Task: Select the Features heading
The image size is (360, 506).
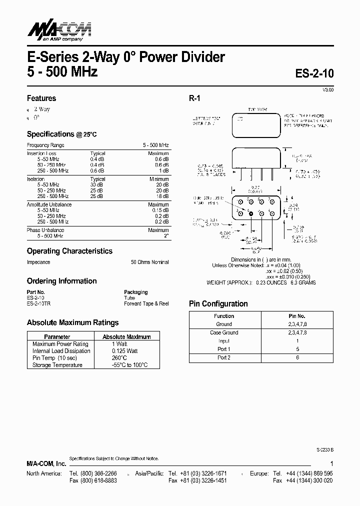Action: [x=41, y=98]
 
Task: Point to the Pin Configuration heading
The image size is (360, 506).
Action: [x=218, y=303]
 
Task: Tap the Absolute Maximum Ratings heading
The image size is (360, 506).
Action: [x=72, y=322]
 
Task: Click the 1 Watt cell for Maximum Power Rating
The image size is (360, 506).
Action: [x=119, y=344]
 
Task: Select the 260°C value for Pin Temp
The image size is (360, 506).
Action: [x=119, y=358]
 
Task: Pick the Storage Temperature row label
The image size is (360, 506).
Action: [x=57, y=365]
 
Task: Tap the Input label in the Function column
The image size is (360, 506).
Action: [x=223, y=341]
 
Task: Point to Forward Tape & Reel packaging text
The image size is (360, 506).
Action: [x=146, y=303]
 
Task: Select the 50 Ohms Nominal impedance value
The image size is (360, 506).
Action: [x=149, y=262]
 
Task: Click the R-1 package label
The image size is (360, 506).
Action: [x=194, y=98]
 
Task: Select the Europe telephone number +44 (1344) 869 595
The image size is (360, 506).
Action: [x=308, y=473]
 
